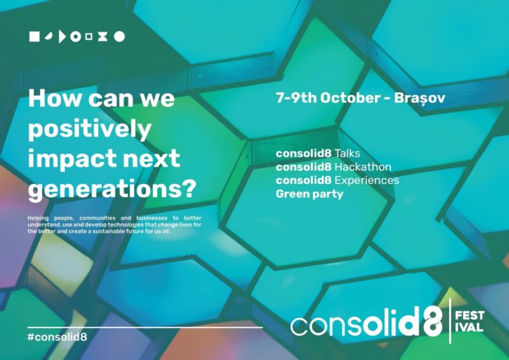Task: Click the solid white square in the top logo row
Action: pos(34,37)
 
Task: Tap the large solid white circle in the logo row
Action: pos(119,37)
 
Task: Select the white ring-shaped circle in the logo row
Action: pos(76,37)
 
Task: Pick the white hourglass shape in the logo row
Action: pos(102,37)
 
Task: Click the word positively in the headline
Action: pos(90,129)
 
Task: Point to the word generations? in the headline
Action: pos(112,189)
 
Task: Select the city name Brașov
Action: pos(419,98)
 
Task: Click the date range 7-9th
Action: pos(296,98)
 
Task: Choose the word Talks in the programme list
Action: pos(347,153)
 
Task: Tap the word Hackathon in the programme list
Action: pos(363,167)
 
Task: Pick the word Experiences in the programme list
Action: pos(366,181)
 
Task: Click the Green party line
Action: pos(309,194)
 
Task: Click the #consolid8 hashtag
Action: pos(57,336)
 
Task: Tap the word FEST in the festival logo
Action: pos(470,315)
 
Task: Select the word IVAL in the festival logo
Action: pos(469,327)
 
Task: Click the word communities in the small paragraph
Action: pos(97,218)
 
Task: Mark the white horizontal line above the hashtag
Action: pos(145,327)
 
